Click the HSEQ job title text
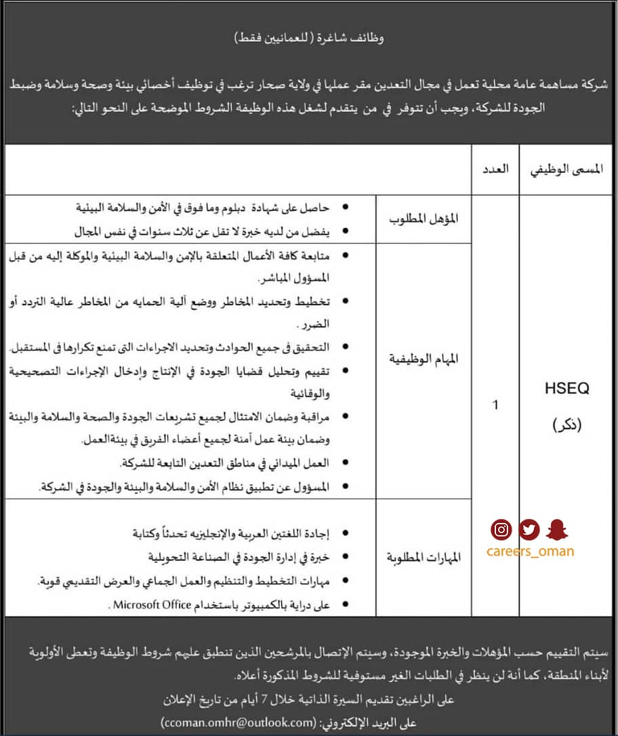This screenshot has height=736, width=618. pos(566,389)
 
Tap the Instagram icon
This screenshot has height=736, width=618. pos(501,529)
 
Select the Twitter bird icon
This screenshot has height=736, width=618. pos(529,529)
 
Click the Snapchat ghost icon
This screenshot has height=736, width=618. pos(557,529)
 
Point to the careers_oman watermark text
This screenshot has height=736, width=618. pos(530,551)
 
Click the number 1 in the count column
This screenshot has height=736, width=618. pos(495,405)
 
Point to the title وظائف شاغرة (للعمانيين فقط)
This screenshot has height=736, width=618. pos(309,38)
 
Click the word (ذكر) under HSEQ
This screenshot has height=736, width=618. pos(566,425)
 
